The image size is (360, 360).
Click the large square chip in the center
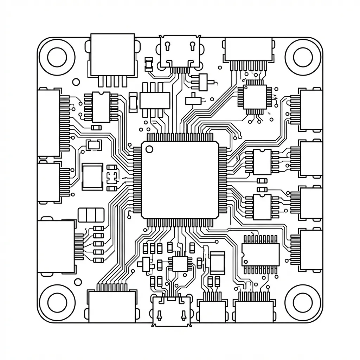[x=179, y=179]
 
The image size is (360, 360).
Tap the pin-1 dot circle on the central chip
[x=149, y=149]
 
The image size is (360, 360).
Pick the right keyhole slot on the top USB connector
[x=192, y=46]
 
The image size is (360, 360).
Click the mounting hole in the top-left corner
[x=57, y=57]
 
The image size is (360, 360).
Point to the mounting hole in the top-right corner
[x=303, y=57]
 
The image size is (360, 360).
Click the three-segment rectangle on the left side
[x=91, y=215]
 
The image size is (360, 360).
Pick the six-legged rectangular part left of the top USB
[x=155, y=100]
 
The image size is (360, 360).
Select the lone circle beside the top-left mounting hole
[x=76, y=82]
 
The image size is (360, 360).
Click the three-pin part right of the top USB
[x=203, y=82]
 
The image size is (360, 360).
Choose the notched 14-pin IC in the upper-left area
[x=101, y=107]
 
